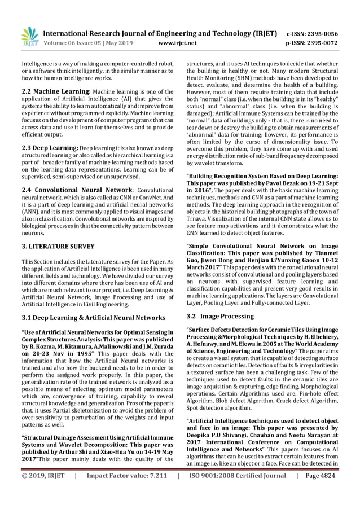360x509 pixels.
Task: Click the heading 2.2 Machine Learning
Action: (x=47, y=91)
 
